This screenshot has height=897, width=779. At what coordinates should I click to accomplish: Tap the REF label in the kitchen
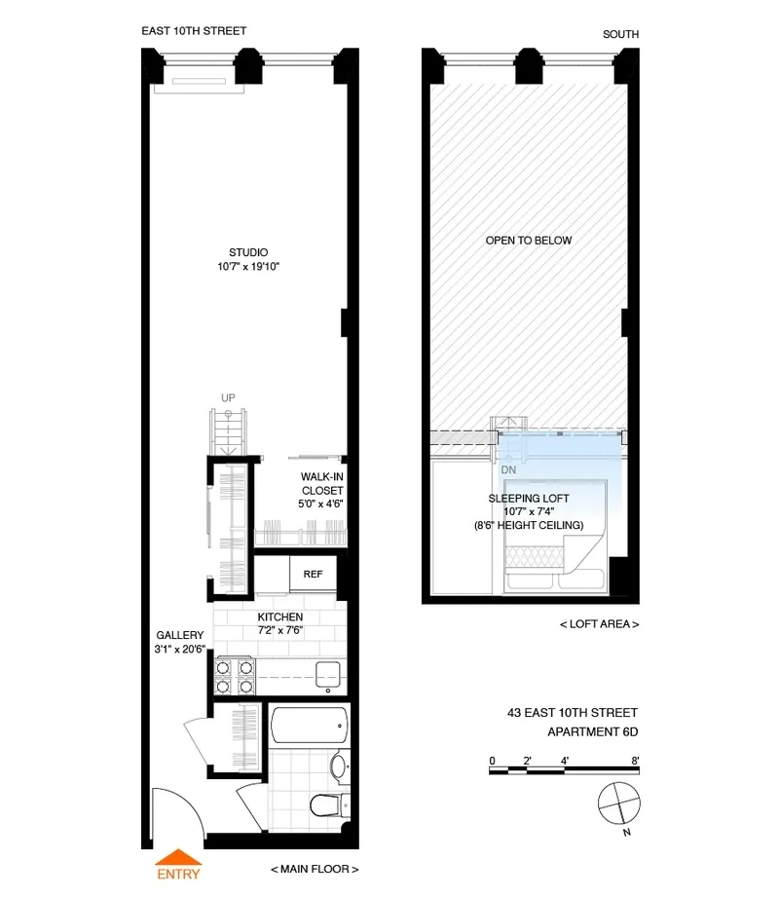pyautogui.click(x=313, y=575)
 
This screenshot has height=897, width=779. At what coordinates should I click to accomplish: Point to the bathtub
pyautogui.click(x=309, y=726)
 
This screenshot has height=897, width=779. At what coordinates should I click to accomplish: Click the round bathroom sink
pyautogui.click(x=338, y=766)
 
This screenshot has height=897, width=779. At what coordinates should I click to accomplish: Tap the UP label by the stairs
pyautogui.click(x=228, y=397)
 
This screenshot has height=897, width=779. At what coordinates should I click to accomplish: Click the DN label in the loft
pyautogui.click(x=508, y=470)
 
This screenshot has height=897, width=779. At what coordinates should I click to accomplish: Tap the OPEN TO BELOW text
pyautogui.click(x=529, y=241)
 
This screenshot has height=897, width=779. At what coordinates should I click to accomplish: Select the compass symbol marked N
pyautogui.click(x=620, y=805)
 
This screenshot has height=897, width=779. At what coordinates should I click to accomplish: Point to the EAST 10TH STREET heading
pyautogui.click(x=194, y=31)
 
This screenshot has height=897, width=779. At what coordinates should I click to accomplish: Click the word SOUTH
pyautogui.click(x=620, y=34)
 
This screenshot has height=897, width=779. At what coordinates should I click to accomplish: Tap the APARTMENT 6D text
pyautogui.click(x=592, y=732)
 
